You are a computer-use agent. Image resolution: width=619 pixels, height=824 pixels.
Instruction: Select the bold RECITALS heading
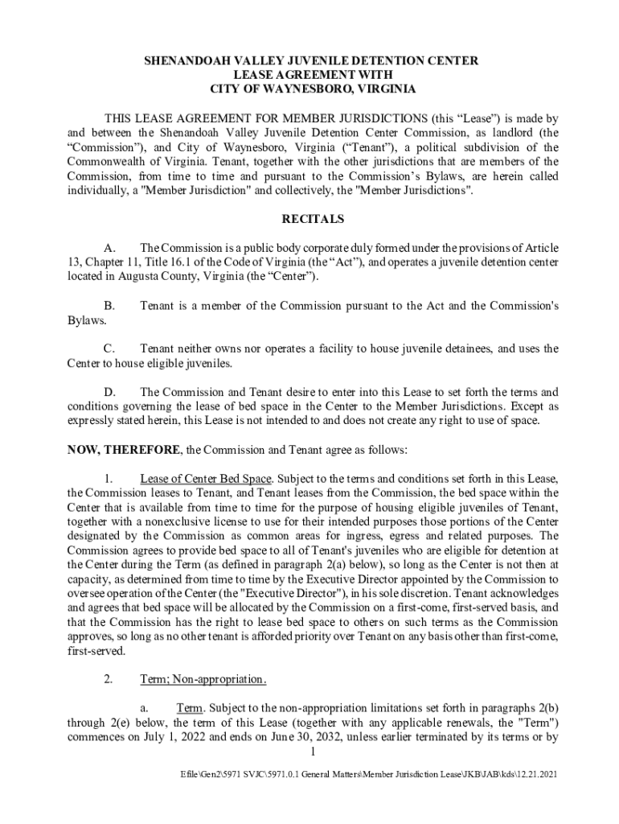coord(312,219)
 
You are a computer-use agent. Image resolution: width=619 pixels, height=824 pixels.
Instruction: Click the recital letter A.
coord(112,247)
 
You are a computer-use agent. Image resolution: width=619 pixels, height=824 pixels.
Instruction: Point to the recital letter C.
coord(112,348)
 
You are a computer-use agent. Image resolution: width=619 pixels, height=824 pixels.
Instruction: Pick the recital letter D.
coord(112,392)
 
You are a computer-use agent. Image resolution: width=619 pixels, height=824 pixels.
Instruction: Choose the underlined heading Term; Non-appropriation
coord(203,679)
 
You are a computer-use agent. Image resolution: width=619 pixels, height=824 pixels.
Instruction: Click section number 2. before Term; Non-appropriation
coord(109,679)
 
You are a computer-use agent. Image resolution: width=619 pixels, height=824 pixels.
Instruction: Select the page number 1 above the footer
coord(312,752)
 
